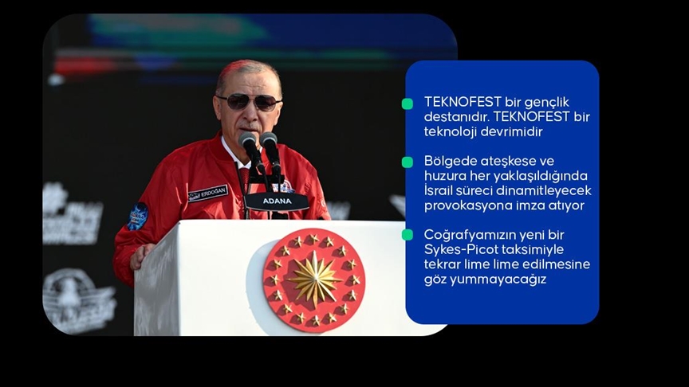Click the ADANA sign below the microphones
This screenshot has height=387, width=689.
pos(277,201)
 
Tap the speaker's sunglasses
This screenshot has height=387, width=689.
pos(249,101)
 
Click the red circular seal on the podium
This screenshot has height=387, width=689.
pos(313,279)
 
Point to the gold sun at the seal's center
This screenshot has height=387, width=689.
pos(313,279)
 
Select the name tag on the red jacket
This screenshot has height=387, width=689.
pos(208,193)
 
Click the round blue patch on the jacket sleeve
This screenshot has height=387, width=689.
pos(138,216)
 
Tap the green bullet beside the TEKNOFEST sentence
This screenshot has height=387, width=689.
pos(407,104)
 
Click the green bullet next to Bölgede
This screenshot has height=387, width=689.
pos(407,162)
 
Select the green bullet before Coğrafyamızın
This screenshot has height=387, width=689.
pos(407,234)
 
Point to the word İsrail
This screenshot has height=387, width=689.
pos(441,190)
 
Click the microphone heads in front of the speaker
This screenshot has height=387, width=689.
pos(260,143)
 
